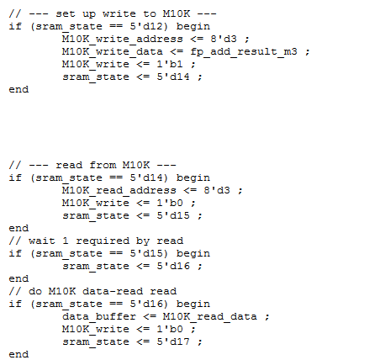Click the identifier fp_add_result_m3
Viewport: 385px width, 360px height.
(x=244, y=52)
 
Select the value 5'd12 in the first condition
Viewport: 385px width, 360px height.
(x=146, y=26)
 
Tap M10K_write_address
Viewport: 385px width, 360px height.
(x=123, y=39)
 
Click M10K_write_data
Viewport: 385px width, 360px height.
(x=113, y=52)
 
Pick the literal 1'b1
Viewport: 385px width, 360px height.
(x=170, y=64)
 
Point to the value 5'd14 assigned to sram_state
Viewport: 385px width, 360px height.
(x=173, y=77)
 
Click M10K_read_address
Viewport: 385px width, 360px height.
(x=119, y=191)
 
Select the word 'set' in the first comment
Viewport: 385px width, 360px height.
(x=66, y=13)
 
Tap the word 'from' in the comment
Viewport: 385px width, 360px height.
(x=103, y=165)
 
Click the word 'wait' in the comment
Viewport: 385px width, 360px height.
(x=42, y=241)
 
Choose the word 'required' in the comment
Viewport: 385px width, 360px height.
(x=103, y=241)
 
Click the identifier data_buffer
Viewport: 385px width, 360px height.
(x=99, y=317)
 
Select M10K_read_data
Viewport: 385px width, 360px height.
(x=210, y=317)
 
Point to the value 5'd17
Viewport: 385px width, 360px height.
(x=173, y=341)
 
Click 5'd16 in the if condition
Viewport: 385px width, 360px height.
(x=146, y=304)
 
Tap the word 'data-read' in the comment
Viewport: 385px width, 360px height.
(x=113, y=291)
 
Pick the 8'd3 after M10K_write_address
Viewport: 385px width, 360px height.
(x=224, y=39)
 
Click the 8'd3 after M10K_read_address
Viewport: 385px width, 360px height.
(x=217, y=190)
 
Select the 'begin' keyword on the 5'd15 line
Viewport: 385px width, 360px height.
(x=193, y=254)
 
